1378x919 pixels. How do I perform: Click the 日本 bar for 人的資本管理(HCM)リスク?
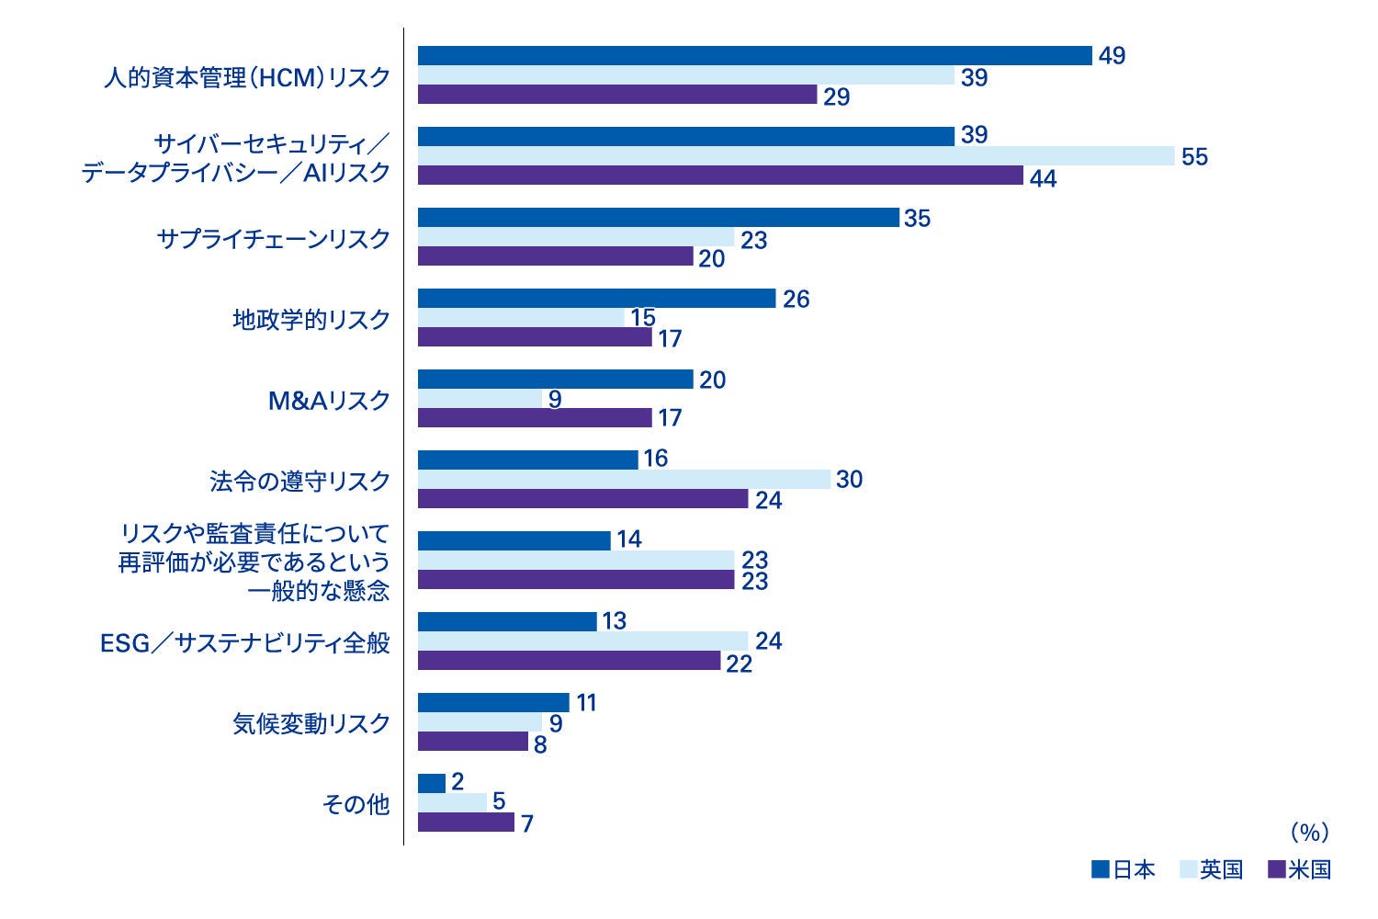click(x=754, y=56)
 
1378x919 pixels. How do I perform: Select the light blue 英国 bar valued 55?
click(x=796, y=156)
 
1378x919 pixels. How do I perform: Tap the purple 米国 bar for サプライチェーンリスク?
click(x=555, y=256)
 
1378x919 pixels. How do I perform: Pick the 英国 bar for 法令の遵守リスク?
click(x=624, y=479)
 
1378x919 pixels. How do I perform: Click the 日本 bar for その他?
click(x=431, y=783)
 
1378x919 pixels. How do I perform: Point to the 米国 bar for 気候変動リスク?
click(x=472, y=742)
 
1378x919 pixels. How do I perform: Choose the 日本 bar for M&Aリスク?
click(x=555, y=379)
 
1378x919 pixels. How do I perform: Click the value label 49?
click(x=1112, y=56)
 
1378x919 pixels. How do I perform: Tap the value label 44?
click(x=1043, y=178)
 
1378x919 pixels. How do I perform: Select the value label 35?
click(x=917, y=219)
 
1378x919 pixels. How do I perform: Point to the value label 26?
click(x=796, y=300)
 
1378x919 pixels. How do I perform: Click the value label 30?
click(x=849, y=480)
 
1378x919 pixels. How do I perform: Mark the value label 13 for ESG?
click(x=614, y=621)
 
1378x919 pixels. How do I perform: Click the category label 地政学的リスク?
click(x=311, y=320)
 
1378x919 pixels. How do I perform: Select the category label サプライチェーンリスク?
click(x=274, y=239)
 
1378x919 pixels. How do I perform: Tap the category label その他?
click(x=356, y=805)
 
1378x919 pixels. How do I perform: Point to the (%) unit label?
click(x=1308, y=833)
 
